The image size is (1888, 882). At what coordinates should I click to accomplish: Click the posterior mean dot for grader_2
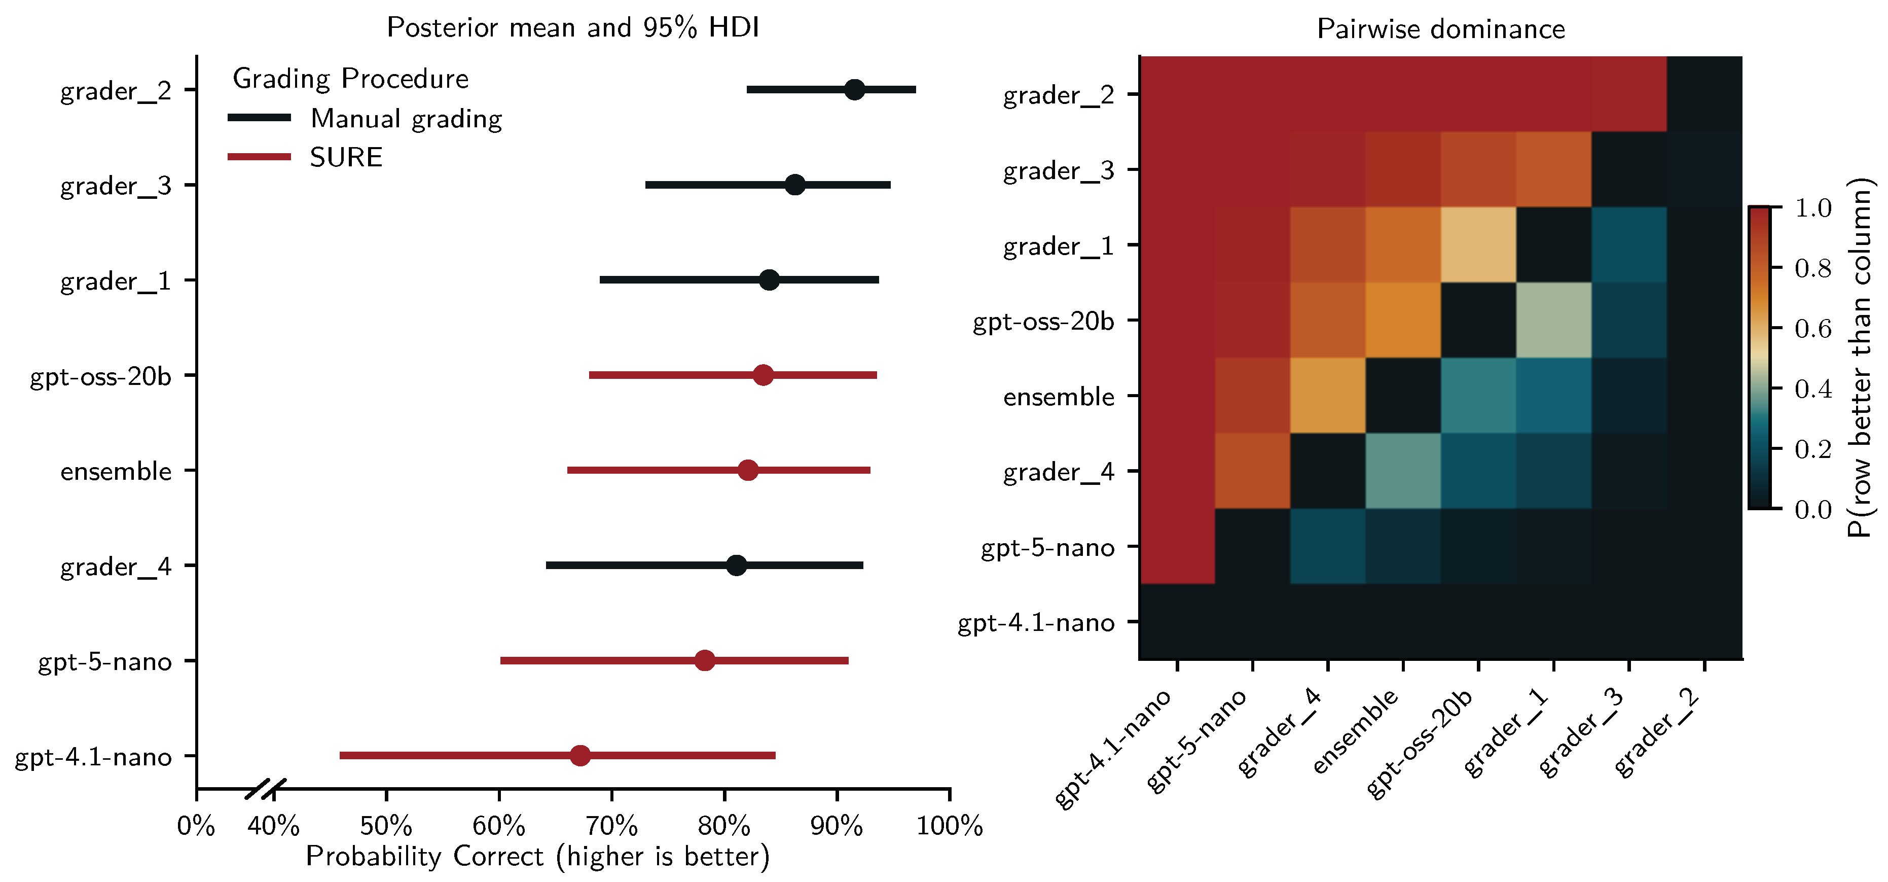pos(854,89)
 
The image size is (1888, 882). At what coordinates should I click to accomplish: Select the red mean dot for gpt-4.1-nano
pos(580,755)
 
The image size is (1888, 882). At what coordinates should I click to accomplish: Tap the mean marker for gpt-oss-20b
pos(763,375)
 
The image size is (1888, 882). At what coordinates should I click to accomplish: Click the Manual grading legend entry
pos(405,118)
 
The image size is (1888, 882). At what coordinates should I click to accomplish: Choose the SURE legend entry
pos(345,157)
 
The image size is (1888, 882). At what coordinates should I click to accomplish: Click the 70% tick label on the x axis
pos(611,826)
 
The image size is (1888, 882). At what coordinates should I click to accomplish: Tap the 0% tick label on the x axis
pos(196,826)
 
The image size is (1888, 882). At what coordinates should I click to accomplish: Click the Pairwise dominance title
pos(1440,28)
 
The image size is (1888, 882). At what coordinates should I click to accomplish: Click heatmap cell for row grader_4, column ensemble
pos(1403,471)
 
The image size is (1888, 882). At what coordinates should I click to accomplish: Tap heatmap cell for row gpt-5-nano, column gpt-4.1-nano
pos(1177,546)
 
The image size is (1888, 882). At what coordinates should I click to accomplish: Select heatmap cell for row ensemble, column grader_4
pos(1327,395)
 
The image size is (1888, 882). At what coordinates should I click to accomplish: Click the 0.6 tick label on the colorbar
pos(1812,329)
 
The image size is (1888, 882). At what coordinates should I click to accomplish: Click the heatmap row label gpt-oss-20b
pos(1043,321)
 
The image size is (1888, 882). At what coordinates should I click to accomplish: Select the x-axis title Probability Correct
pos(537,856)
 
